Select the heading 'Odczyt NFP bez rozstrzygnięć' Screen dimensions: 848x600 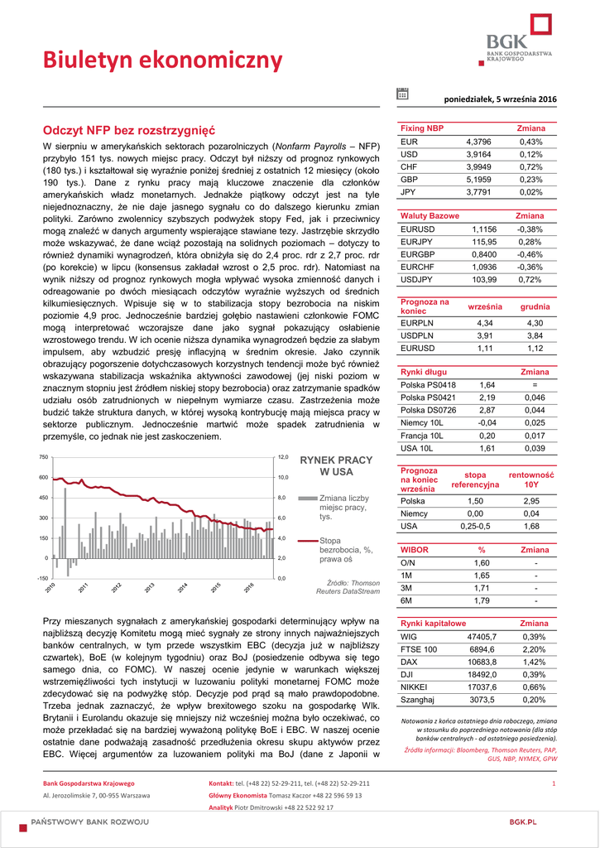pyautogui.click(x=128, y=131)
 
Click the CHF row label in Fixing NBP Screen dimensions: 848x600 pyautogui.click(x=409, y=166)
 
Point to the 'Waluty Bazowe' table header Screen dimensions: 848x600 pyautogui.click(x=430, y=215)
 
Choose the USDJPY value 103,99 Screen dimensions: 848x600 pyautogui.click(x=484, y=280)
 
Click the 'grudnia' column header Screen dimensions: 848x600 pyautogui.click(x=535, y=306)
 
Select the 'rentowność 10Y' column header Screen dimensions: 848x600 pyautogui.click(x=530, y=479)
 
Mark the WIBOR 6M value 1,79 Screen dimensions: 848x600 pyautogui.click(x=482, y=600)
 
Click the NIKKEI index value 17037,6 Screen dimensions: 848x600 pyautogui.click(x=482, y=687)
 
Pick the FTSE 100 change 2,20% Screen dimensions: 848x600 pyautogui.click(x=535, y=649)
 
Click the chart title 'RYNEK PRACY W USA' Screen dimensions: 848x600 pyautogui.click(x=336, y=465)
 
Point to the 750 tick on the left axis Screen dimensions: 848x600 pyautogui.click(x=44, y=457)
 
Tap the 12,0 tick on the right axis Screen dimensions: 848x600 pyautogui.click(x=282, y=457)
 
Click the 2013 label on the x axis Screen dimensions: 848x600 pyautogui.click(x=149, y=588)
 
